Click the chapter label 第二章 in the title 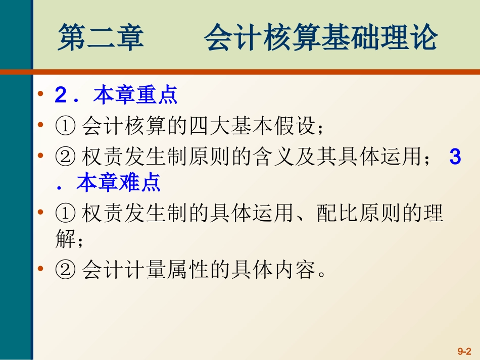click(101, 39)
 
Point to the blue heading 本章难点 click(119, 183)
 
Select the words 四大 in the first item click(207, 126)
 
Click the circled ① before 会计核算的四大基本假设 click(65, 126)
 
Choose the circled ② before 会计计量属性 click(65, 271)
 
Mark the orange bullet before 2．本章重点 click(41, 95)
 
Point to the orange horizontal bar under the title click(253, 72)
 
